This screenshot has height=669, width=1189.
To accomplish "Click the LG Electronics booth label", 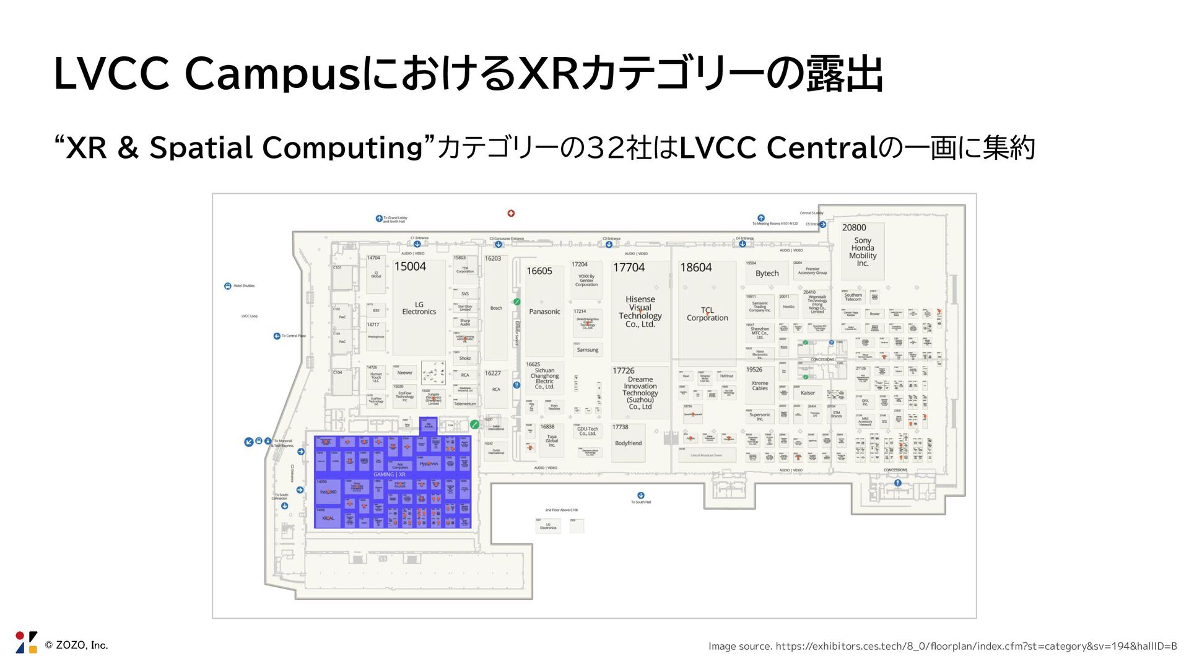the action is [x=419, y=308].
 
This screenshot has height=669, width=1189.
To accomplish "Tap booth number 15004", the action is [x=410, y=266].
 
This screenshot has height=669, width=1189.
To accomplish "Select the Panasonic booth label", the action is [x=544, y=312].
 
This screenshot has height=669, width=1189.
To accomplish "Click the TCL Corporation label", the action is [x=707, y=314].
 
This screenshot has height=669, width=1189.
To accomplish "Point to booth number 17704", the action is [x=629, y=268].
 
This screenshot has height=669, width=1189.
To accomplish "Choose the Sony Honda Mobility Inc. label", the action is [x=863, y=251].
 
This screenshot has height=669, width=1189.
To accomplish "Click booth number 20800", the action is [x=854, y=227].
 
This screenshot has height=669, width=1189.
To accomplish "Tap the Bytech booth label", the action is [x=767, y=273].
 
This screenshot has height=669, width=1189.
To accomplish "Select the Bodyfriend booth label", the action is [x=628, y=443].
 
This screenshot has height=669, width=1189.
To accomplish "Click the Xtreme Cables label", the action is [x=760, y=385].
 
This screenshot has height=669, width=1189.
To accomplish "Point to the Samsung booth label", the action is [x=588, y=350].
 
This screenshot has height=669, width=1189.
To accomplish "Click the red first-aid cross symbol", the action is [x=511, y=213].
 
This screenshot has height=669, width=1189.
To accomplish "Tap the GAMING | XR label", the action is [x=390, y=474].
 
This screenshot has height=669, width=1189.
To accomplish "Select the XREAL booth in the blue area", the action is [x=328, y=518].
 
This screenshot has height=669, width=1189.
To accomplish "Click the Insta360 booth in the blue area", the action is [x=328, y=492].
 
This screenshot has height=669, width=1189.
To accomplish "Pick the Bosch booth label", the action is [x=496, y=308].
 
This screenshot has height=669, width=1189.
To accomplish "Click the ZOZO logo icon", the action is [x=27, y=642].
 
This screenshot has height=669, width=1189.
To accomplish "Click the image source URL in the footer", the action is [x=976, y=646].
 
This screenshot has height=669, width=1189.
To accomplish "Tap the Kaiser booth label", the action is [x=808, y=393].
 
